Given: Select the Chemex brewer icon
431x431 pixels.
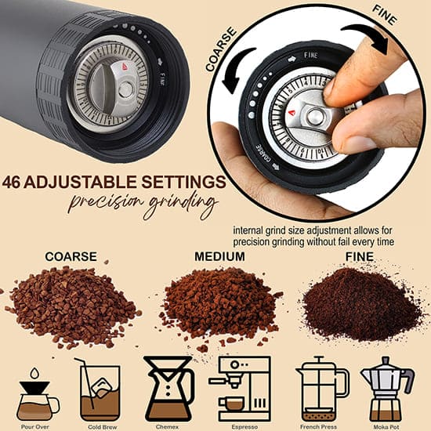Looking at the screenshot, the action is (169, 389).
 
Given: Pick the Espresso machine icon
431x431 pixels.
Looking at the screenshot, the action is (240, 389).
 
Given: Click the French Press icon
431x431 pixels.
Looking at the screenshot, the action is (322, 389).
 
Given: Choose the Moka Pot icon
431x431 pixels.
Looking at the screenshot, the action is (388, 389).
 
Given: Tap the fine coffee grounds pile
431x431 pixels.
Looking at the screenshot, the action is (362, 304).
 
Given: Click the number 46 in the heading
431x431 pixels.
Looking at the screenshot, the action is (11, 182).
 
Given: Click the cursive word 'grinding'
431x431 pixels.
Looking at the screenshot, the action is (181, 204).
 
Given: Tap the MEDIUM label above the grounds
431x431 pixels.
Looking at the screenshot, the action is (219, 256).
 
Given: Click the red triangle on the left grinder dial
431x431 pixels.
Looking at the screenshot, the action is (125, 67).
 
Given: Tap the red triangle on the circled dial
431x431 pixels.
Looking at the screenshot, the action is (292, 113).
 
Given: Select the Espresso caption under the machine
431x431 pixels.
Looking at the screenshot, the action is (244, 427).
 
